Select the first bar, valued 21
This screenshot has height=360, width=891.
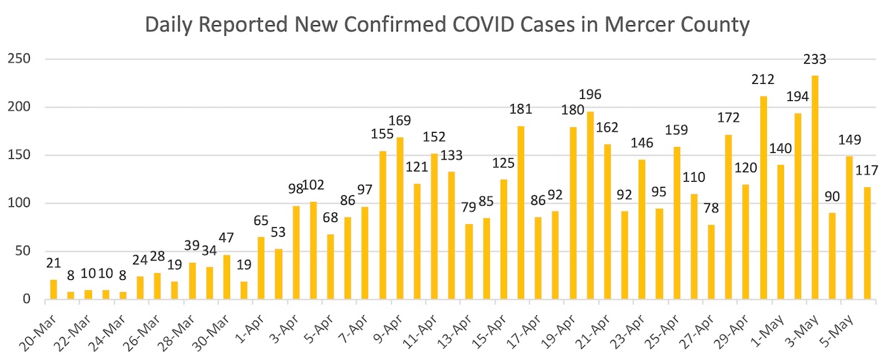click(53, 289)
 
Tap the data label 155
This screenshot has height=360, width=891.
click(382, 134)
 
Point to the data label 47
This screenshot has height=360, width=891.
click(226, 238)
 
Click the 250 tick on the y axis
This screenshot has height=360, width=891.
click(20, 59)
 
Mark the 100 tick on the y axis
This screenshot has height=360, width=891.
click(20, 203)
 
